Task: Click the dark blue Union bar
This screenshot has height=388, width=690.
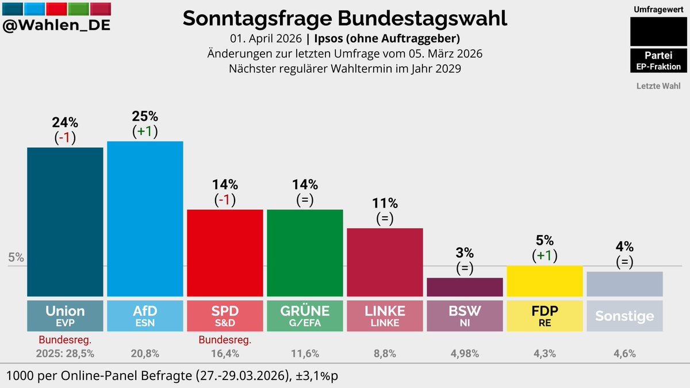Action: (65, 221)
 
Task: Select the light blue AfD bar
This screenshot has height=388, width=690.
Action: (145, 218)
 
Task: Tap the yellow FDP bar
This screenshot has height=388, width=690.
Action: (545, 281)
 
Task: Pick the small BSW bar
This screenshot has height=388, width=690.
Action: (465, 287)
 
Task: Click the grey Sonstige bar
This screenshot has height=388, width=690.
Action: (624, 284)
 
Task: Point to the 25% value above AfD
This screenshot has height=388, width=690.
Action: (145, 116)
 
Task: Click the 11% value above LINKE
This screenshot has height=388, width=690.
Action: (385, 203)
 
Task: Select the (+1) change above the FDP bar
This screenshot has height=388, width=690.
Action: (545, 255)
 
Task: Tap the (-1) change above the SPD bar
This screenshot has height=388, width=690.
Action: (225, 200)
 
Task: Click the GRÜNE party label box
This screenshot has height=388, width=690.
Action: (305, 316)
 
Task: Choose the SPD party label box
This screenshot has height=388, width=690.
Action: (225, 316)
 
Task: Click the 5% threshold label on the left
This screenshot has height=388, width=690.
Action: (16, 258)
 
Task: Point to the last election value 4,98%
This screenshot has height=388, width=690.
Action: (465, 354)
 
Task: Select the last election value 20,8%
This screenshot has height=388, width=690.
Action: (145, 354)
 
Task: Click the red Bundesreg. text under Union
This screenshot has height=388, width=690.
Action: (65, 340)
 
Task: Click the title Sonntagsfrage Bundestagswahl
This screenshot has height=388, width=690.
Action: (345, 18)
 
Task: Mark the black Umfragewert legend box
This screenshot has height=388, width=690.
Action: (658, 32)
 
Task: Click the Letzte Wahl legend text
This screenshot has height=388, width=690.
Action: (658, 86)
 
